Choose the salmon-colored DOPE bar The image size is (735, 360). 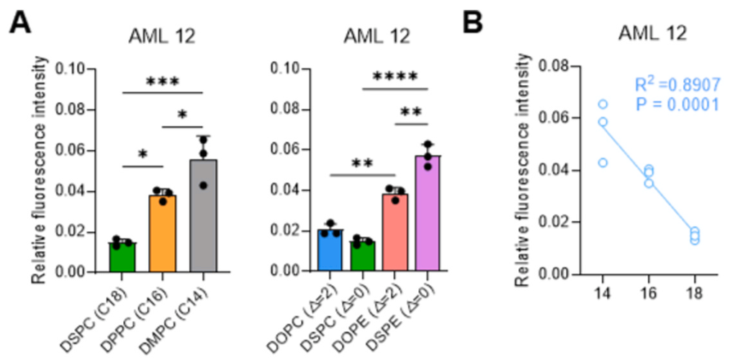tap(394, 233)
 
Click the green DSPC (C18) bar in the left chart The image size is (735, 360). tap(122, 257)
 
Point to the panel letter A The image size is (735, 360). tap(20, 22)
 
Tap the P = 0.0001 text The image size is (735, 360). tap(677, 104)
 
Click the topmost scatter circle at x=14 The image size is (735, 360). tap(603, 104)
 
